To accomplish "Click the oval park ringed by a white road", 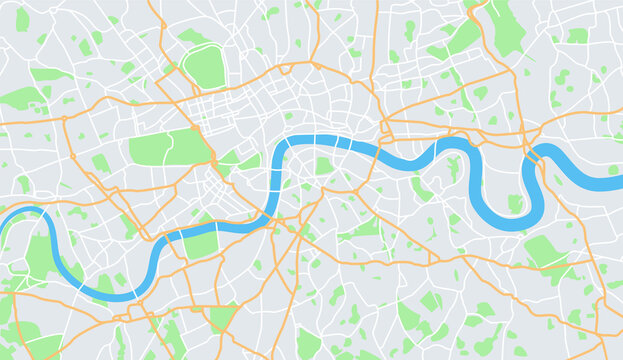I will (206, 66).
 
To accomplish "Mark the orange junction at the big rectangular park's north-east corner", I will (200, 128).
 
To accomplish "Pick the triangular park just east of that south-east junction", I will (228, 159).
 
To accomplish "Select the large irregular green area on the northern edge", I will (505, 24).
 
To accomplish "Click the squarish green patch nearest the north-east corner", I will (577, 35).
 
